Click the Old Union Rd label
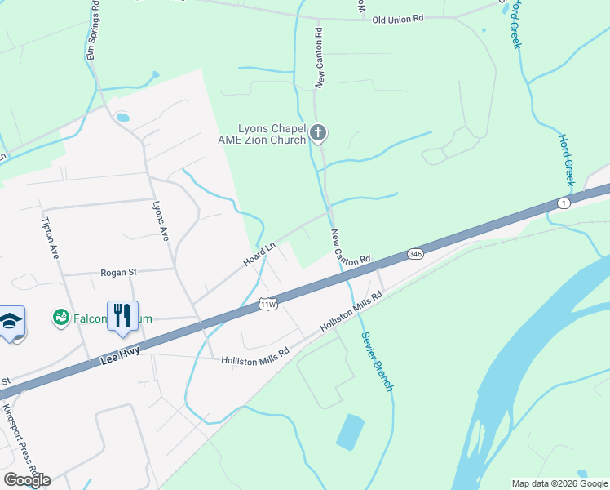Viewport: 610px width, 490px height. (x=399, y=19)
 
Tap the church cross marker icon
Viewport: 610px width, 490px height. (x=318, y=131)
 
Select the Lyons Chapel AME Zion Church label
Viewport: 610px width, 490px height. (x=272, y=134)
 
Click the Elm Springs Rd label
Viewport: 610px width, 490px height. (x=93, y=30)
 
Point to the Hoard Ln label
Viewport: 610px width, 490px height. (x=259, y=254)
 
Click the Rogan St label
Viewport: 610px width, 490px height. (x=119, y=273)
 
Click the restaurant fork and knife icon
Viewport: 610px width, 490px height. (x=122, y=316)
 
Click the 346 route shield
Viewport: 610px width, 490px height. (x=416, y=254)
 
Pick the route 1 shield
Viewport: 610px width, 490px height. (x=564, y=202)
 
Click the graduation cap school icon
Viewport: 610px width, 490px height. (x=10, y=321)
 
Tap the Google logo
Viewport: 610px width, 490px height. (x=27, y=479)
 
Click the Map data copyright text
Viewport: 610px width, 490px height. (x=559, y=483)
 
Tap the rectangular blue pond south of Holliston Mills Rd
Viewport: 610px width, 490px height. (x=350, y=432)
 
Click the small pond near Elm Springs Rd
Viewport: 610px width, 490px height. (x=122, y=118)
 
